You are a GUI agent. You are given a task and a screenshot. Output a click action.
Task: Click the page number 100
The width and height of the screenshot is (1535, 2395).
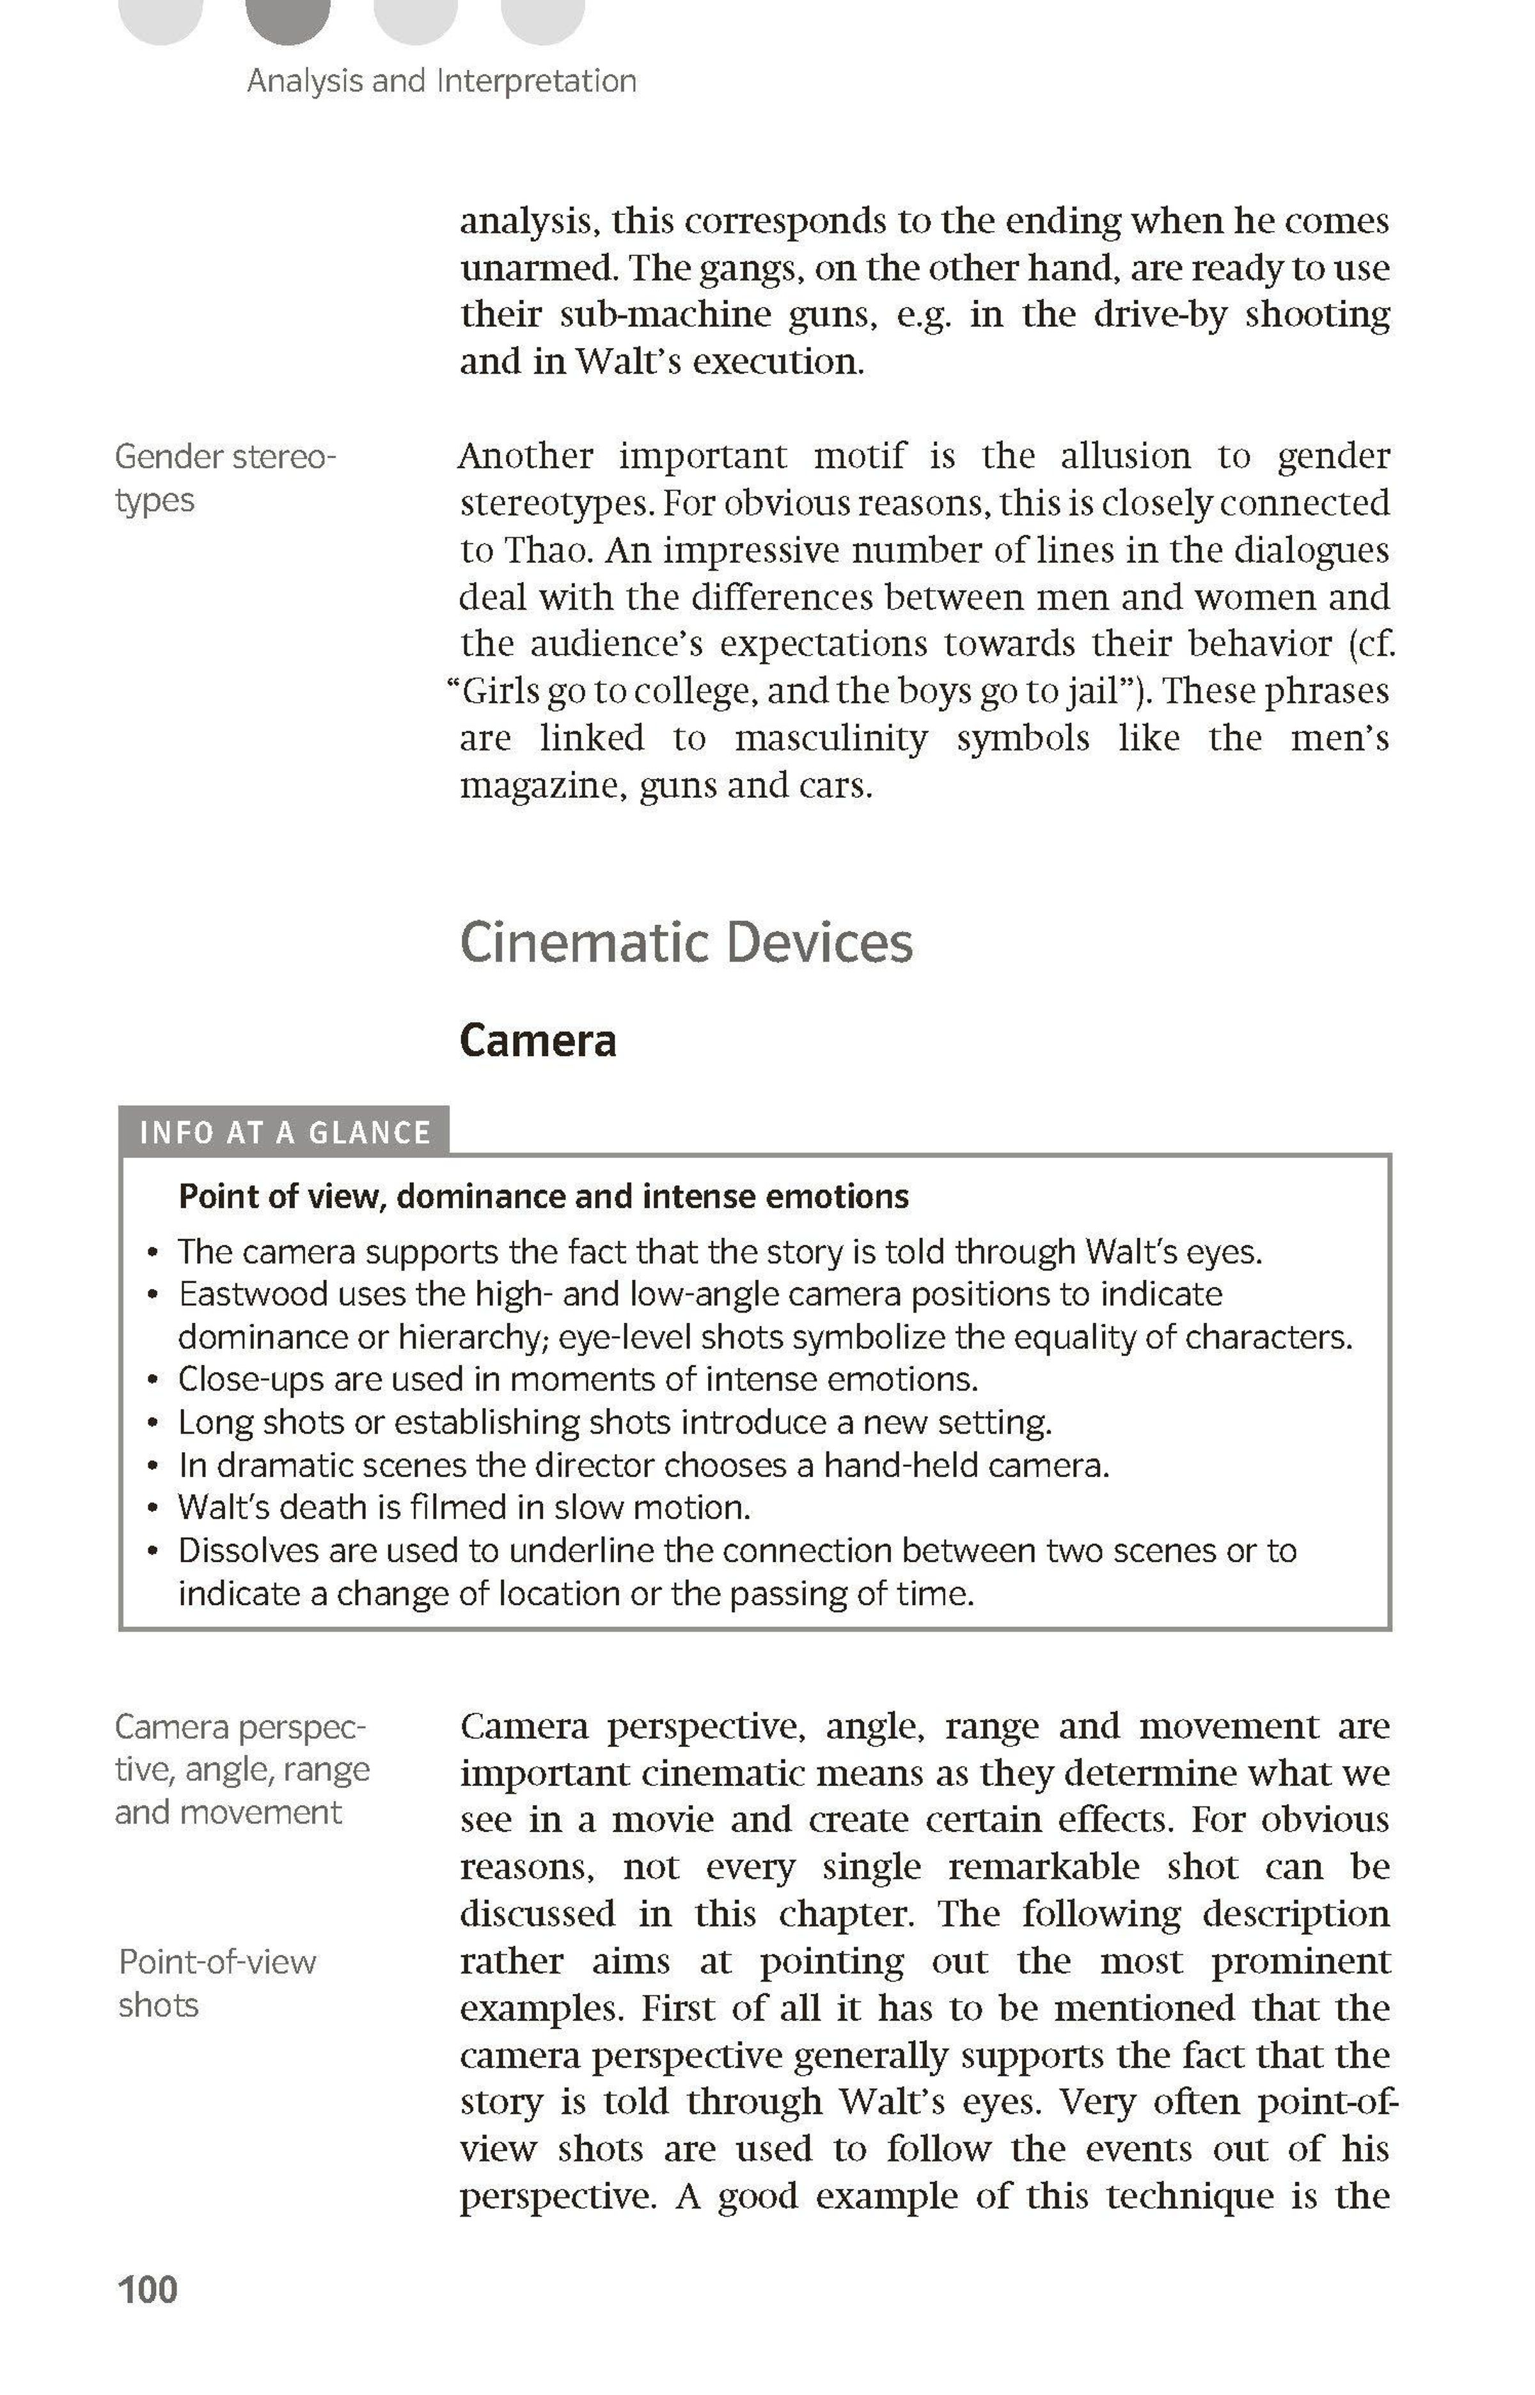tap(148, 2289)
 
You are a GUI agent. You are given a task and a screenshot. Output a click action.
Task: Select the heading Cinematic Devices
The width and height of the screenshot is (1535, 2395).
tap(686, 943)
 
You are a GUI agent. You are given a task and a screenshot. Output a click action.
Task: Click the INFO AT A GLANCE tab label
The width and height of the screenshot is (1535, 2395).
tap(284, 1132)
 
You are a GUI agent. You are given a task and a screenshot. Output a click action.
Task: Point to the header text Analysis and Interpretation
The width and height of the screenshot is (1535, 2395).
tap(441, 81)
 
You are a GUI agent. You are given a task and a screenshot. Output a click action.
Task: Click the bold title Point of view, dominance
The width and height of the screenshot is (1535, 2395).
tap(543, 1196)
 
